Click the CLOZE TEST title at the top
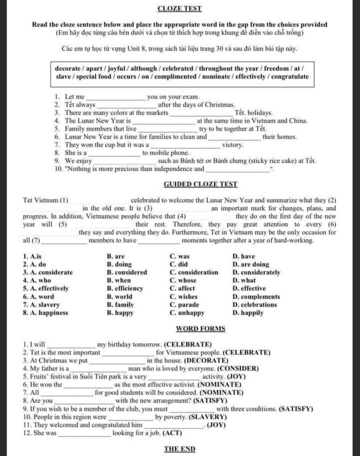click(180, 8)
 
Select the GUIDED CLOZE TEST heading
click(200, 184)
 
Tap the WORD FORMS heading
click(200, 329)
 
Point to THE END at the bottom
click(180, 449)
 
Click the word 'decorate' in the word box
click(68, 69)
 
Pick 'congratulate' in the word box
click(290, 77)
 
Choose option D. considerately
click(256, 272)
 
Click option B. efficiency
click(125, 289)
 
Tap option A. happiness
click(46, 313)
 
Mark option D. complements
click(256, 297)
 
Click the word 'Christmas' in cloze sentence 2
click(219, 105)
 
